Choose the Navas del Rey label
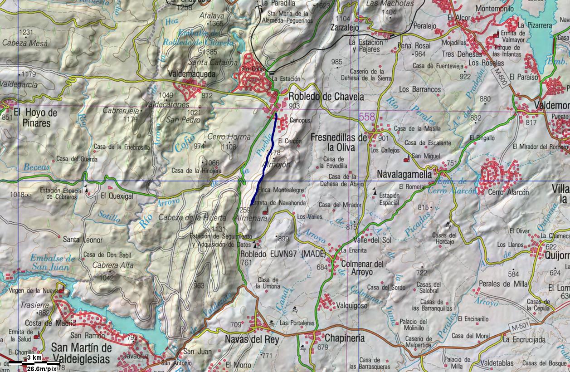[x=252, y=339]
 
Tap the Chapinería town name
[x=344, y=338]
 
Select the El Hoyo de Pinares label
[x=35, y=117]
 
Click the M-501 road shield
[x=521, y=327]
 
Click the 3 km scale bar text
[x=34, y=358]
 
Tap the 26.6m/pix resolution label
[x=41, y=368]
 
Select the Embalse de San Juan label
[x=53, y=263]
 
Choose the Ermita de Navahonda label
[x=278, y=203]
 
